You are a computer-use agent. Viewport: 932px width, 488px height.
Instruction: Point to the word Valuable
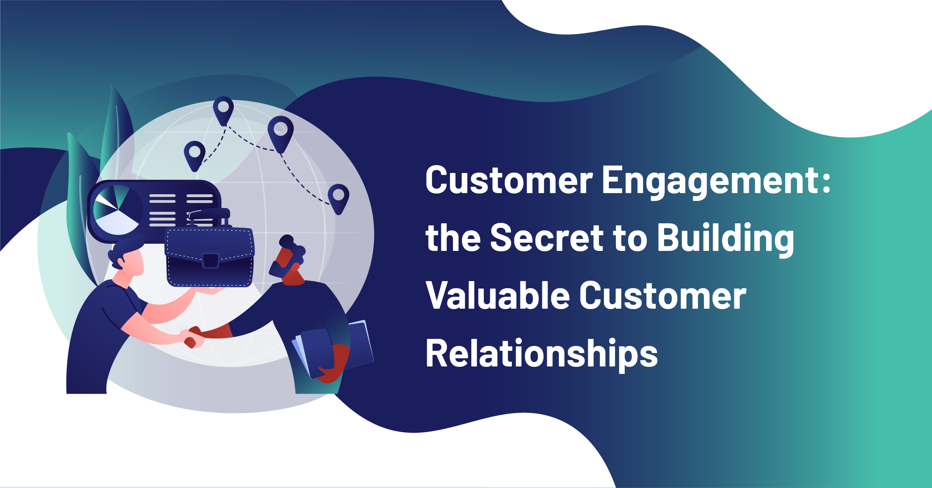pos(498,295)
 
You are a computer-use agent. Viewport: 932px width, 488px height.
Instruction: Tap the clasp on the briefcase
pos(210,260)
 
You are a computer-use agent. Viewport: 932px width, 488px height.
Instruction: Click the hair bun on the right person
pos(286,241)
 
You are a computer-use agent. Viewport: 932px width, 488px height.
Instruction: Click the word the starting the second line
pos(453,237)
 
